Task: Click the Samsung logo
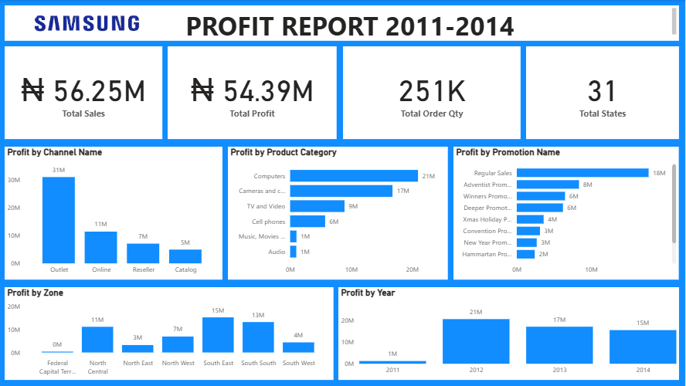coord(87,24)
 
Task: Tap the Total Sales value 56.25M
coord(83,91)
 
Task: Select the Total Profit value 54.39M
coord(252,91)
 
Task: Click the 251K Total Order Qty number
coord(432,91)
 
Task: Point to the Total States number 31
coord(602,91)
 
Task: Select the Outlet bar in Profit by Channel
coord(59,220)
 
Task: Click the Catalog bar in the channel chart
coord(185,256)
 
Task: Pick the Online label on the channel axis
coord(101,269)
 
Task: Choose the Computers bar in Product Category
coord(354,176)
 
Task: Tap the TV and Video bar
coord(317,206)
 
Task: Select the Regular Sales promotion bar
coord(582,173)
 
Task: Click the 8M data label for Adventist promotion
coord(587,185)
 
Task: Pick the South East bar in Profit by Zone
coord(218,335)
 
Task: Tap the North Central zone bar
coord(97,340)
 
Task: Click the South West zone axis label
coord(298,363)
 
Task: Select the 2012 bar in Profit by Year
coord(476,341)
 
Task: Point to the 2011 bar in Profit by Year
coord(392,361)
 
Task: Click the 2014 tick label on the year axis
coord(643,370)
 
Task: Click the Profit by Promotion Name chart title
coord(508,152)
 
